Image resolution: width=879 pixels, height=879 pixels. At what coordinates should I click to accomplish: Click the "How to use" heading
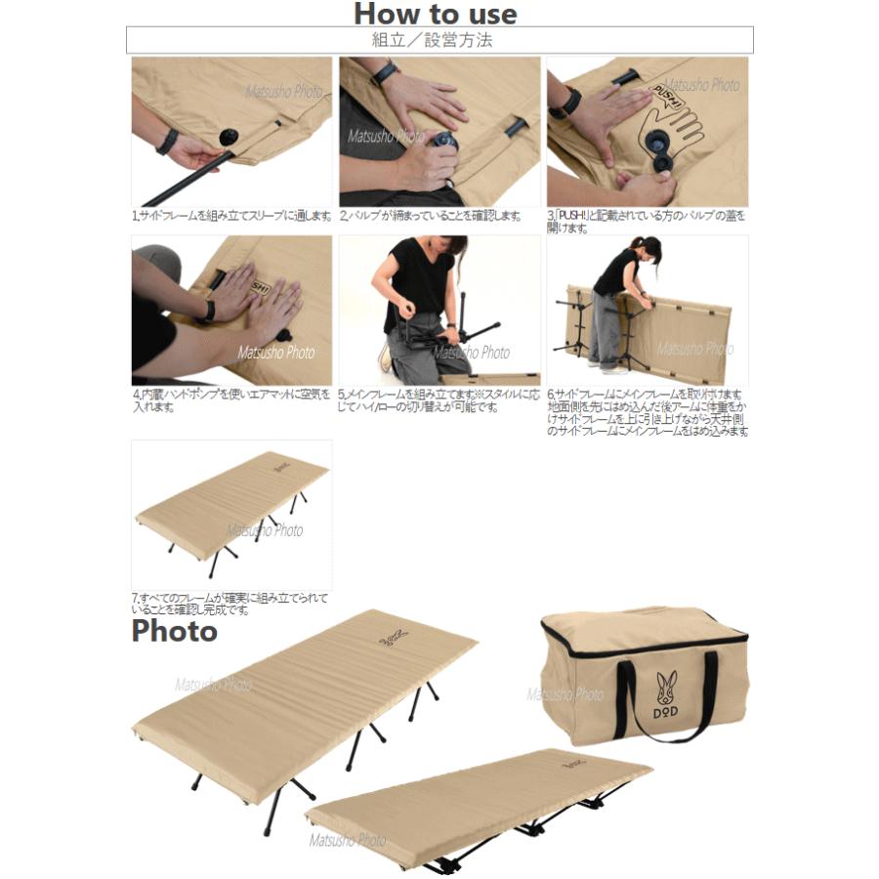tap(435, 14)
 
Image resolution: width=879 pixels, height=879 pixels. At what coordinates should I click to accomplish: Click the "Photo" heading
tap(174, 631)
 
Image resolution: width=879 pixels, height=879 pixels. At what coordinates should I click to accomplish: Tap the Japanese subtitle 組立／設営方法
tap(439, 40)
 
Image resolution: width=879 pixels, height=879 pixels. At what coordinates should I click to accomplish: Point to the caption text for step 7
tap(230, 603)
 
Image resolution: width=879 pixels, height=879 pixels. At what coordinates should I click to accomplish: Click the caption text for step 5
tap(438, 400)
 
